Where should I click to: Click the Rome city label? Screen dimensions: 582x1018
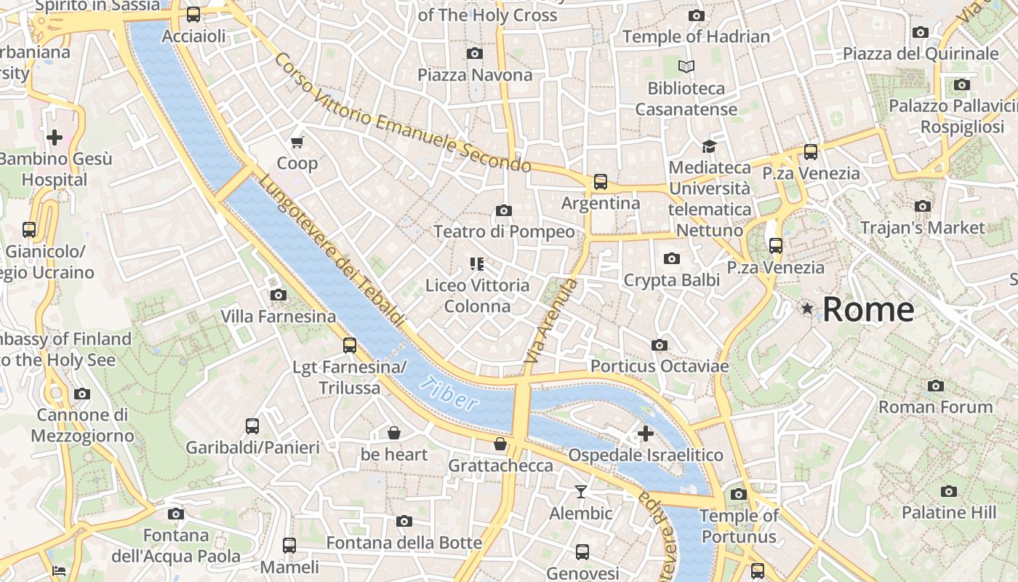pos(867,310)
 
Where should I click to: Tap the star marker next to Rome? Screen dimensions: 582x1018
pos(807,309)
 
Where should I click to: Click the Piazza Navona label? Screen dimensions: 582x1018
pos(475,75)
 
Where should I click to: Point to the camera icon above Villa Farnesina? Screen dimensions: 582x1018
pos(278,295)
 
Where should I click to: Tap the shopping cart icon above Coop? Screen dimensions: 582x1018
pos(297,142)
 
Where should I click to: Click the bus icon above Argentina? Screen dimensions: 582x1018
pos(600,181)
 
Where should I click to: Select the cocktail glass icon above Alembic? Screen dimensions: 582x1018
pos(580,492)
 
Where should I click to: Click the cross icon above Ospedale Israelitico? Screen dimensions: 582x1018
pos(645,434)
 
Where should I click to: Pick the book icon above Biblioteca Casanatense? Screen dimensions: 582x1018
pos(686,67)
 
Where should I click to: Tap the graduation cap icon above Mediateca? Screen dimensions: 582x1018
pos(709,146)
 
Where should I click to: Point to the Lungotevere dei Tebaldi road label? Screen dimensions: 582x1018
pos(332,252)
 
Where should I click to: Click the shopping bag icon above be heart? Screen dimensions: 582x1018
pos(393,433)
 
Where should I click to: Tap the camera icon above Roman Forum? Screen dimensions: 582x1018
pos(935,386)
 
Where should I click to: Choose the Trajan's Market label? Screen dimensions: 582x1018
pos(922,228)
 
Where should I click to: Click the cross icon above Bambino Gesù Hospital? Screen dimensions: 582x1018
pos(54,137)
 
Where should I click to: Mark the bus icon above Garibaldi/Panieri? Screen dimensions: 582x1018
pos(252,426)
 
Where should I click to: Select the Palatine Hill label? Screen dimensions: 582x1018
pos(949,512)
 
